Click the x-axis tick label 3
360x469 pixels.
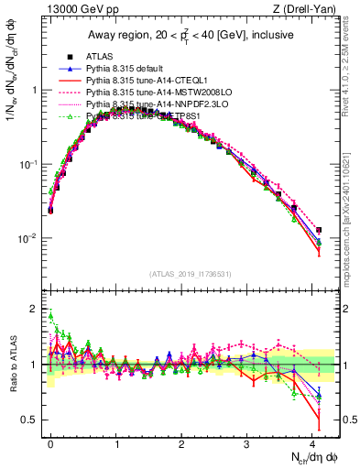coord(247,442)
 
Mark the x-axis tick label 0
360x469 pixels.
coord(50,442)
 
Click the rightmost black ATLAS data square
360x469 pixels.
coord(318,230)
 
